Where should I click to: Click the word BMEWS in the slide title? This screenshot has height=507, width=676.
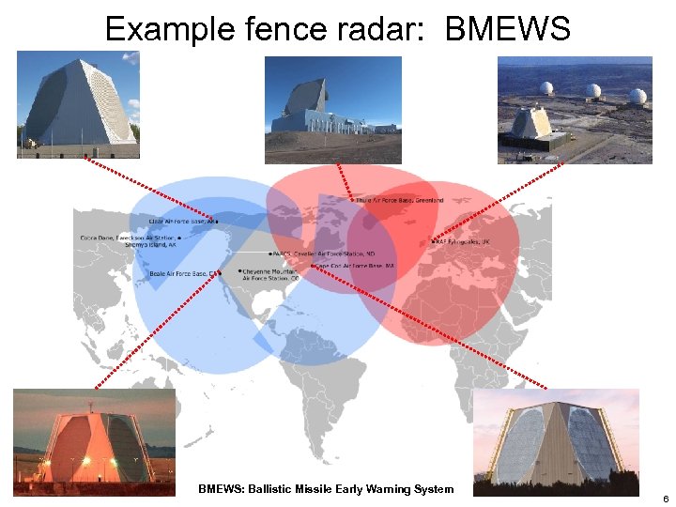(x=507, y=29)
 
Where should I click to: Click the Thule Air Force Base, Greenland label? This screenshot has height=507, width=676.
(x=398, y=200)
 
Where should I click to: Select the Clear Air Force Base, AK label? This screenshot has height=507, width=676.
(x=182, y=222)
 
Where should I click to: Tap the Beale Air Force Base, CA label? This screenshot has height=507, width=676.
(x=184, y=273)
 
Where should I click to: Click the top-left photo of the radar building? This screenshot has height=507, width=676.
(x=78, y=104)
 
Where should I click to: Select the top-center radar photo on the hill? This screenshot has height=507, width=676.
(x=332, y=97)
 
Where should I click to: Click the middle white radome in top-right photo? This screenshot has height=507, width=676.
(x=592, y=91)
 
